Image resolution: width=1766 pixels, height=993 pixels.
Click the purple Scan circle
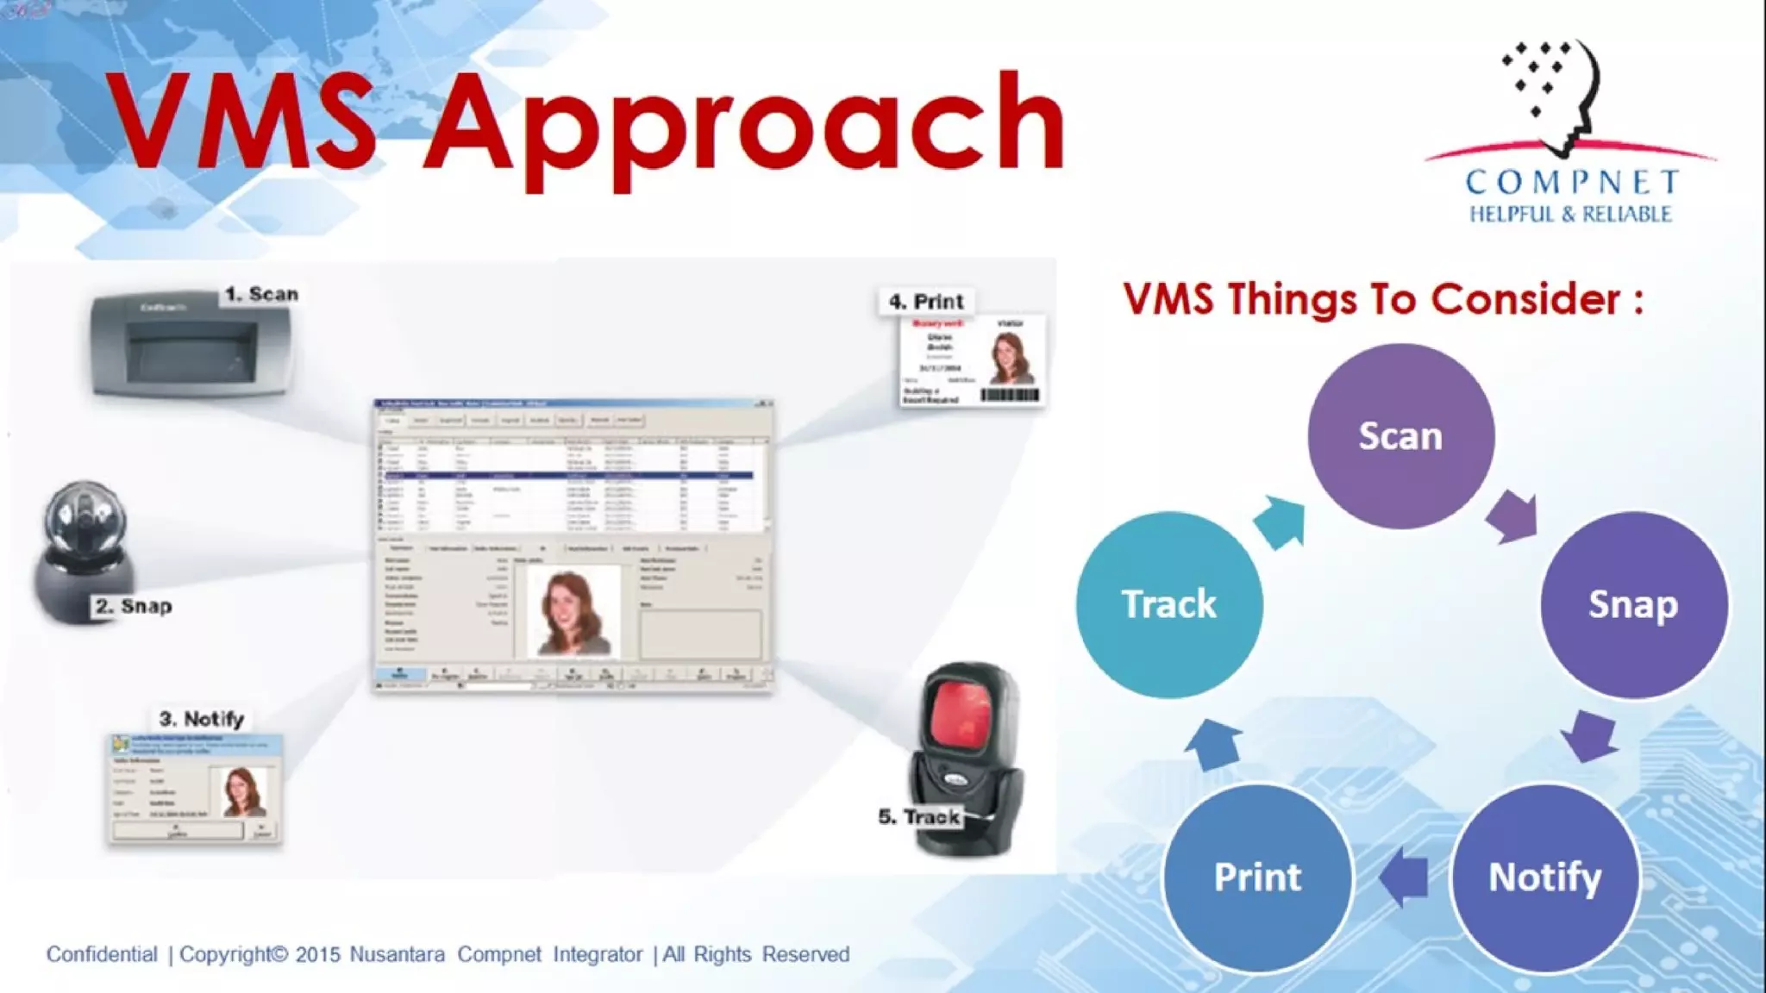click(1400, 436)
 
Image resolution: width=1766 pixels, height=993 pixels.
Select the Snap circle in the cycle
click(1633, 604)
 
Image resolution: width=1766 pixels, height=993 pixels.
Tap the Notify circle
click(1544, 877)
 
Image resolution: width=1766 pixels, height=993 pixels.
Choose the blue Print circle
click(1257, 877)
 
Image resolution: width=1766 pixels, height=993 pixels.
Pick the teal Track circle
click(1168, 604)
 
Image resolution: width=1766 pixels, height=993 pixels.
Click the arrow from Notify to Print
click(1404, 877)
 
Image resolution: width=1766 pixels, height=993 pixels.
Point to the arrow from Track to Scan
click(1280, 521)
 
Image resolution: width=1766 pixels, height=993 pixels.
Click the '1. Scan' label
click(261, 294)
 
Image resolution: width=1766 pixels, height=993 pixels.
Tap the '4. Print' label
click(926, 302)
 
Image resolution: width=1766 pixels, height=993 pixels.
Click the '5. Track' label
click(918, 816)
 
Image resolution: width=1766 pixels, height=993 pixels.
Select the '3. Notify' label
click(201, 719)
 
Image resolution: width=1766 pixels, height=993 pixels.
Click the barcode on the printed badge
click(1010, 395)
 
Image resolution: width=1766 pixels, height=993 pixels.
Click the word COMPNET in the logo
click(1572, 182)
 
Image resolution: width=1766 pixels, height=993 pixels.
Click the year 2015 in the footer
click(317, 955)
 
